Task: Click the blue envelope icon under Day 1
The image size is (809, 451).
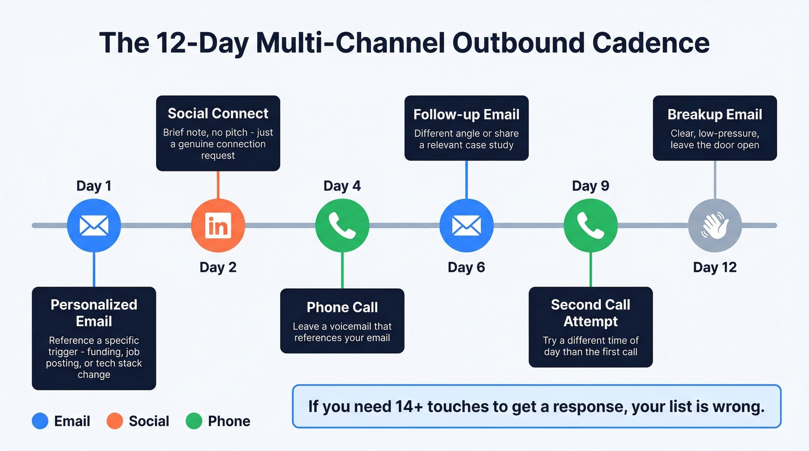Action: [x=94, y=225]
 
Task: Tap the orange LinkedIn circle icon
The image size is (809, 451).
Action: [x=218, y=225]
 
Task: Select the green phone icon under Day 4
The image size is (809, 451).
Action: [x=342, y=225]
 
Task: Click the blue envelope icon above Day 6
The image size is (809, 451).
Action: [x=466, y=225]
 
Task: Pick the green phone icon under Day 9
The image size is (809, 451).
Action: [x=591, y=225]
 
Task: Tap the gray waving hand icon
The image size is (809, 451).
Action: [x=715, y=225]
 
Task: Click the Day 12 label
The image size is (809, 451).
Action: [x=715, y=267]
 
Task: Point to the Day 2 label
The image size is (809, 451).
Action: [x=218, y=267]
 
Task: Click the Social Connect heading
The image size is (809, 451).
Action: [x=218, y=113]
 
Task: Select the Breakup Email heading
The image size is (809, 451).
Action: [x=715, y=114]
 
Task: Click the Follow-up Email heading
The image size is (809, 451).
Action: [x=466, y=114]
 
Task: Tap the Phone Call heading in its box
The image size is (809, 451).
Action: [x=342, y=307]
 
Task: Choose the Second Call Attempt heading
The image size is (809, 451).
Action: [x=591, y=312]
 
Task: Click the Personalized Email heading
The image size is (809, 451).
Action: [x=94, y=312]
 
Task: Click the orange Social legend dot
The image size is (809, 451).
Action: [x=115, y=421]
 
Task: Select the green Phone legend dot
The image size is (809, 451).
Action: [x=194, y=421]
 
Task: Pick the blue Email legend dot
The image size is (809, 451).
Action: [x=40, y=421]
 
